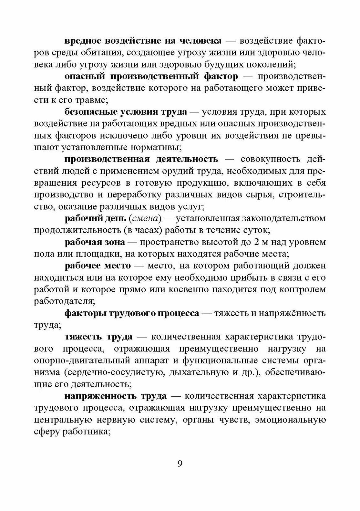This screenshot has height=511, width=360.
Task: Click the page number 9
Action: pos(180,464)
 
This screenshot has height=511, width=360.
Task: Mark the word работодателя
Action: pos(64,301)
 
